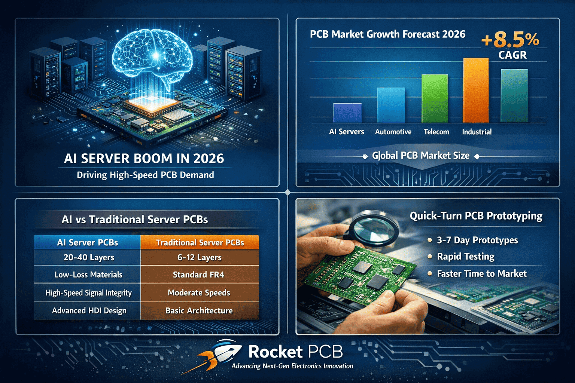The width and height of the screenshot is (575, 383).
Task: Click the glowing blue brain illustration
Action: pos(152,56)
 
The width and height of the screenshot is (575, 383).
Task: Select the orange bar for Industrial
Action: pos(476,91)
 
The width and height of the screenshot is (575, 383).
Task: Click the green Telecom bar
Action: pos(435,98)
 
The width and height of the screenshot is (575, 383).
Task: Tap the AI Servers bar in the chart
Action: pos(347,113)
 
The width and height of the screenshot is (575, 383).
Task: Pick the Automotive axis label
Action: pos(393,132)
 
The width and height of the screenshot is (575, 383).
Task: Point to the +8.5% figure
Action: pos(510,40)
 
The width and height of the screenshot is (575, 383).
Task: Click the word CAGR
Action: pos(512,55)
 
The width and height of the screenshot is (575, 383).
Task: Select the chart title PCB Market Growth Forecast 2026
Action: pos(387,34)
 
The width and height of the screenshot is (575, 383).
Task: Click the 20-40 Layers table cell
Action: pos(89,257)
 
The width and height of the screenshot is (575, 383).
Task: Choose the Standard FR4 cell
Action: pos(199,275)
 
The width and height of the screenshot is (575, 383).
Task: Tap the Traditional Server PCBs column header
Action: pos(200,242)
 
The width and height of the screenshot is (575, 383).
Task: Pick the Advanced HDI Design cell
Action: pos(89,310)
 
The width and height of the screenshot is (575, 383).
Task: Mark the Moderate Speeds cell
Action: pos(199,292)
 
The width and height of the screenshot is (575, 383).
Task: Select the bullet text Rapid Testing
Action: pos(466,257)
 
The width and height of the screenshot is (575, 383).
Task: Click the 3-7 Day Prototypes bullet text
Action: pos(477,240)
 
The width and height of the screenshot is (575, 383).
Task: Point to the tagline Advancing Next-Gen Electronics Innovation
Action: pos(292,366)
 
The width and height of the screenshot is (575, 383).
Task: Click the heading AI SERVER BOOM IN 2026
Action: pos(144,159)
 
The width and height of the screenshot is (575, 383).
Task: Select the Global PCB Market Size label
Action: pos(420,156)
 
